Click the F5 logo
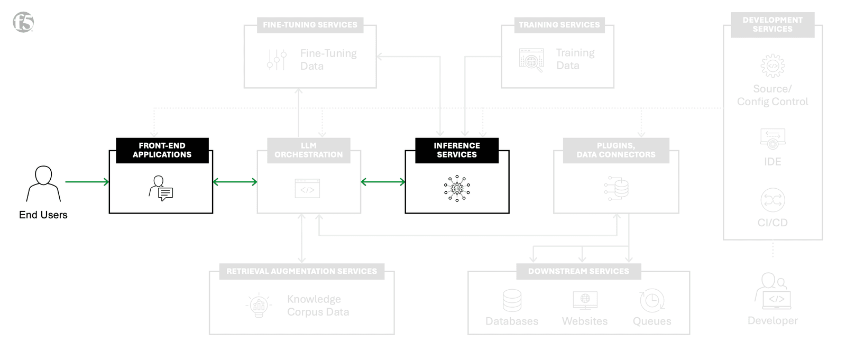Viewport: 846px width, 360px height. [x=23, y=22]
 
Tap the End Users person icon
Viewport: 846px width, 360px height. [x=43, y=183]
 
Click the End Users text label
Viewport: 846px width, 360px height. [x=43, y=215]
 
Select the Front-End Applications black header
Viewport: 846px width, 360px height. [x=162, y=150]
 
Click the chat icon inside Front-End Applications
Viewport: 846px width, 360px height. [x=161, y=189]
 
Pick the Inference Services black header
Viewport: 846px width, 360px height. [x=457, y=150]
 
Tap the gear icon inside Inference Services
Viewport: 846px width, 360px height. [x=457, y=188]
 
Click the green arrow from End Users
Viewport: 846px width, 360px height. [x=87, y=182]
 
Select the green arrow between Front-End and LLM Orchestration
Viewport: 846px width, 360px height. [x=235, y=182]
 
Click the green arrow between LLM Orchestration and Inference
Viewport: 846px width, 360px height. [x=383, y=182]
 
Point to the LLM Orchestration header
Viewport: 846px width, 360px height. [x=309, y=150]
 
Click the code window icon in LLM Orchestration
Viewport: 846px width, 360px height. [x=307, y=189]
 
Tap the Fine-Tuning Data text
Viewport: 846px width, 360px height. [x=328, y=60]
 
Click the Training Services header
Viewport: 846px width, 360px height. [x=559, y=25]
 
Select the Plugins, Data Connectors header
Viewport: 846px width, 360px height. [x=616, y=150]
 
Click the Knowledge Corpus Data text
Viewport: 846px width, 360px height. [x=318, y=306]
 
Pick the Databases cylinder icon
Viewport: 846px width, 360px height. [x=512, y=300]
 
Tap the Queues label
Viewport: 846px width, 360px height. [x=652, y=321]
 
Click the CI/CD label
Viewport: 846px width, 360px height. [x=773, y=223]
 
